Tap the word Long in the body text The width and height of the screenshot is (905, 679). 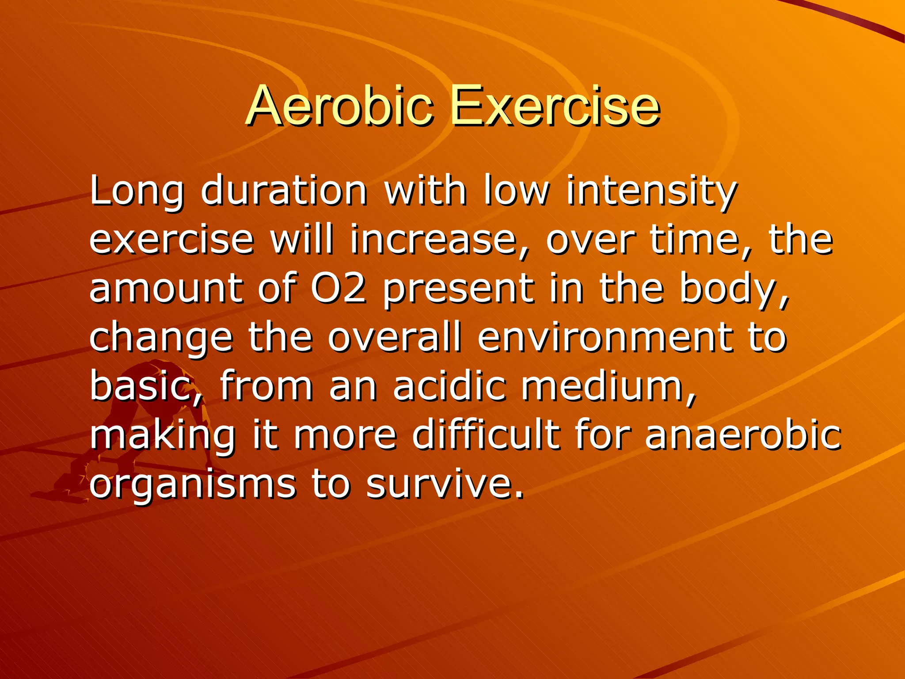coord(136,191)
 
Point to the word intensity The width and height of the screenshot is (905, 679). coord(651,191)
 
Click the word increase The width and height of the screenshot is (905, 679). coord(433,240)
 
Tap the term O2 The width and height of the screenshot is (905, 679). coord(338,288)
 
